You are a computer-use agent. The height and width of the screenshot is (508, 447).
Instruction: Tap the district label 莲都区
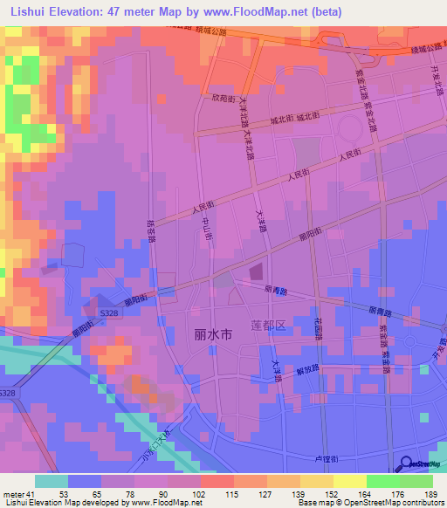[268, 326]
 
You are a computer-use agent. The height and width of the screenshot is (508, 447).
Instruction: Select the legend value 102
[200, 494]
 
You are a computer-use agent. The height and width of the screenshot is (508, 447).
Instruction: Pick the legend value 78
[133, 494]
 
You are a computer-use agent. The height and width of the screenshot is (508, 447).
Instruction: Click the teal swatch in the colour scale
[51, 481]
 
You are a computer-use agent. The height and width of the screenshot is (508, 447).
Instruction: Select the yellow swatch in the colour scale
[349, 481]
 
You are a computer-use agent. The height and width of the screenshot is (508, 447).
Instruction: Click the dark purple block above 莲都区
[256, 273]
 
